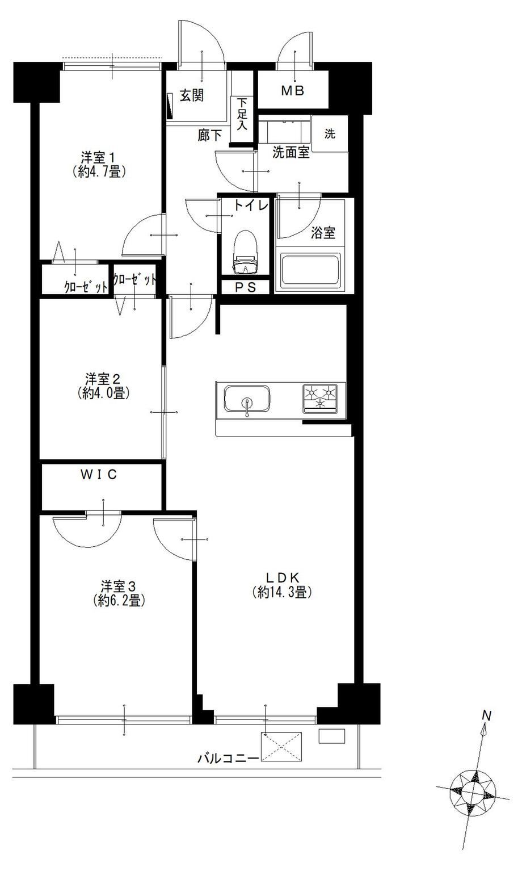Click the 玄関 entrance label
(192, 95)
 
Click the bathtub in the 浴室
(310, 269)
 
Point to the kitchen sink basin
(247, 398)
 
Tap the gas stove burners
(320, 398)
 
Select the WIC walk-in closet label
(98, 475)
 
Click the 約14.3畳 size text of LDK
(282, 592)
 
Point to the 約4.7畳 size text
(99, 171)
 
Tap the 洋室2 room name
(103, 378)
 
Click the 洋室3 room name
(119, 587)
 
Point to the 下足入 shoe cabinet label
(242, 114)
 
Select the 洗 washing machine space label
(330, 134)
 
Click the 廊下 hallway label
(210, 135)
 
